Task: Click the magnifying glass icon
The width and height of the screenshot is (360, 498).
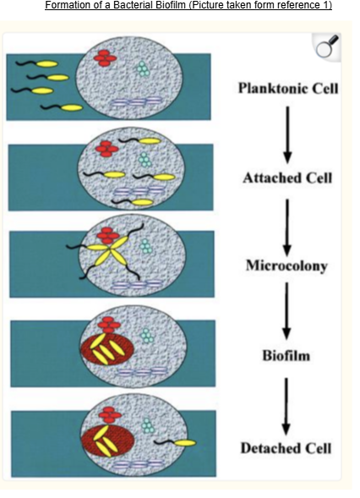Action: pos(328,47)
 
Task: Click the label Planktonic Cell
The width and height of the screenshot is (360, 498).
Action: pos(288,88)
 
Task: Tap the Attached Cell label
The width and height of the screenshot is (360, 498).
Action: pos(287,178)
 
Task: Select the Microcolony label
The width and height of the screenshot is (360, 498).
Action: pos(286,265)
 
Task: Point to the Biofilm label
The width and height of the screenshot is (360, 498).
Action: pos(286,355)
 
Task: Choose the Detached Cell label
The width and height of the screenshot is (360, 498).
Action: pos(286,448)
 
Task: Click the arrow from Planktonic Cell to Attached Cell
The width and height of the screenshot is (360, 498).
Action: pos(287,134)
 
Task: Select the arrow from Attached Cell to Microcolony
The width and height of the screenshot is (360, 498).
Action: pos(287,227)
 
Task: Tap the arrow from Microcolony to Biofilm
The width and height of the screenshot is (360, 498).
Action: pos(286,311)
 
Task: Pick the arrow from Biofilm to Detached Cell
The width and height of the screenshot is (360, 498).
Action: pos(286,406)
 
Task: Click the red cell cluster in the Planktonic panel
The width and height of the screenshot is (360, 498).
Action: pos(105,58)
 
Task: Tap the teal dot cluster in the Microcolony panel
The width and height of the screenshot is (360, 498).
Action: pos(145,246)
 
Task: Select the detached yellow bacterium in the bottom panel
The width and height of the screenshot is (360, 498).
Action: pos(175,442)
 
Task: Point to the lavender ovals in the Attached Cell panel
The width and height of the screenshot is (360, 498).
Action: pos(139,190)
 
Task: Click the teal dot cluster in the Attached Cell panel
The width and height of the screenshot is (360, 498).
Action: pos(145,160)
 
